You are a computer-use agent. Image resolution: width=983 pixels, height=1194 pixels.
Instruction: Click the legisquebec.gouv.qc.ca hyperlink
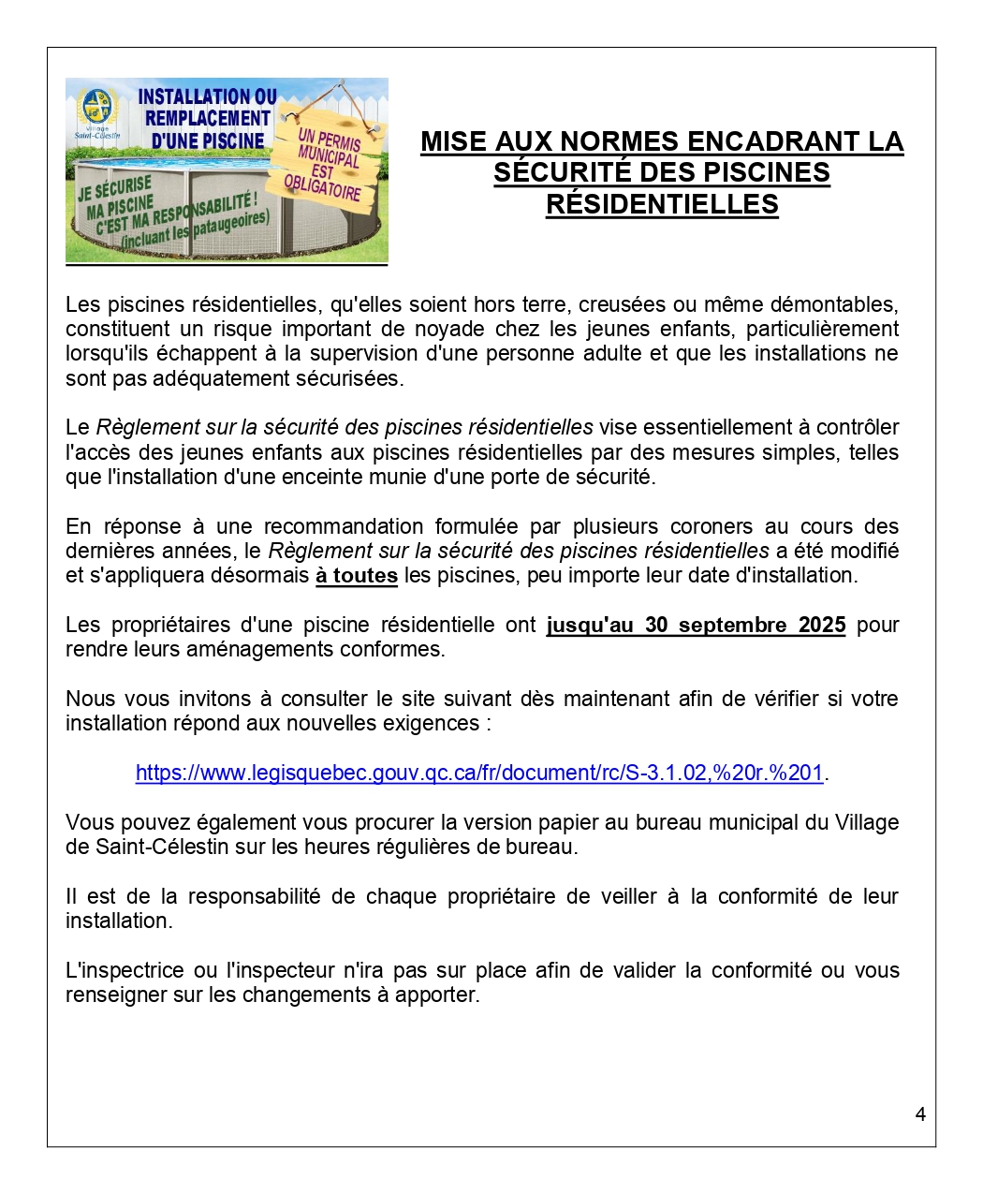(478, 773)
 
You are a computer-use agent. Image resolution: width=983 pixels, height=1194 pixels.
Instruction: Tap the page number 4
(920, 1114)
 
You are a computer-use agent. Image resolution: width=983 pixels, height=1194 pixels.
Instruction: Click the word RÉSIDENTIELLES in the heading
(662, 204)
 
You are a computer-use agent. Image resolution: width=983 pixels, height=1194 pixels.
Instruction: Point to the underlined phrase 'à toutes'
(357, 575)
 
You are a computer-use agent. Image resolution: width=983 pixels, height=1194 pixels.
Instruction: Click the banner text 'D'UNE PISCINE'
(208, 140)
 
